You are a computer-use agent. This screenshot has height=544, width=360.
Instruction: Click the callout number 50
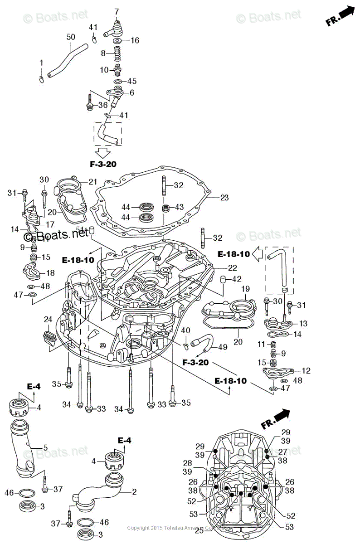pos(71,37)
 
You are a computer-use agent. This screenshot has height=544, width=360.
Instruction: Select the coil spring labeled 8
pos(117,53)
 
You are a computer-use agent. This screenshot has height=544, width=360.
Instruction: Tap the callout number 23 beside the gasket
pos(224,198)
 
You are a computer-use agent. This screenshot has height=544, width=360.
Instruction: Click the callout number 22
pos(233,267)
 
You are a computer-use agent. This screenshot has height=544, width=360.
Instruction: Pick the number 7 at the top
pos(117,11)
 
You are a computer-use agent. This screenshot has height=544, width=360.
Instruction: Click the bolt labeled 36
pos(89,106)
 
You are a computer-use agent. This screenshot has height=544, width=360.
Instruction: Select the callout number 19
pos(245,289)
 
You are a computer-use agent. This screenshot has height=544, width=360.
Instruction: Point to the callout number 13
pos(303,323)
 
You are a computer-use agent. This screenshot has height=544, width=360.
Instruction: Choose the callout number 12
pos(306,371)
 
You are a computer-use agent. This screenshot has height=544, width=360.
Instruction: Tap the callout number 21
pos(93,182)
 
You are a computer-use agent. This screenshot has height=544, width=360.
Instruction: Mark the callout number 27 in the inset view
pos(282,452)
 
